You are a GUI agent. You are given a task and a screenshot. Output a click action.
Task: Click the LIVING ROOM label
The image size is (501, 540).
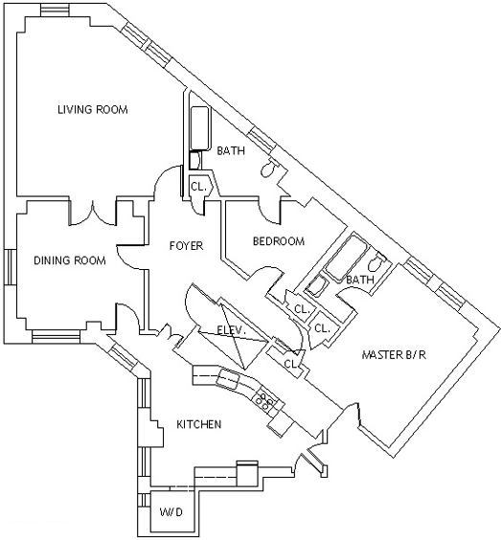tap(93, 109)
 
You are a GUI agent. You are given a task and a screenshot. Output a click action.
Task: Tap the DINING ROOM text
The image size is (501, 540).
tap(70, 260)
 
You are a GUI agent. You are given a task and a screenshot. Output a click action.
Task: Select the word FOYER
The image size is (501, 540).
tap(187, 246)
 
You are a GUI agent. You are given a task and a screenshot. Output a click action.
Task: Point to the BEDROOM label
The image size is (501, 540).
tap(279, 241)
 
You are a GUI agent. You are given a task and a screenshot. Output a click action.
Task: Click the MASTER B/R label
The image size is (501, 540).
tap(394, 354)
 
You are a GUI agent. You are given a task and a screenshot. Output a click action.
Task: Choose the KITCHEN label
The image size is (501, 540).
tap(199, 424)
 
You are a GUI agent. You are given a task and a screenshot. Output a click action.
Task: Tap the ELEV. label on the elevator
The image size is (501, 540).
tap(232, 330)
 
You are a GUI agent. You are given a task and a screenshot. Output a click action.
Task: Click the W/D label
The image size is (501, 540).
tap(171, 512)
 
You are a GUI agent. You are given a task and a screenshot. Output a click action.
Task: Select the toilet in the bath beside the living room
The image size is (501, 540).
tap(269, 168)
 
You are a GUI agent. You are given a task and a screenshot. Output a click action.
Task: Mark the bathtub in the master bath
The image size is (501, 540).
tap(345, 258)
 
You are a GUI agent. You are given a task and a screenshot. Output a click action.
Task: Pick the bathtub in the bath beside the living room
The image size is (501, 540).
tap(200, 128)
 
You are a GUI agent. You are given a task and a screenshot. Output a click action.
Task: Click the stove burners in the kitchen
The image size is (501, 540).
tap(264, 400)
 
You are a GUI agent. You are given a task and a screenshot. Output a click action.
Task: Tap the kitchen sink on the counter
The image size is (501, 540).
tap(228, 379)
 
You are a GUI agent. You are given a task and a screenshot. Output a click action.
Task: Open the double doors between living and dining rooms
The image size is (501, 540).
tap(92, 214)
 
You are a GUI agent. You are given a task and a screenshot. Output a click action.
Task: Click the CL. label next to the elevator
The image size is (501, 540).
tap(291, 364)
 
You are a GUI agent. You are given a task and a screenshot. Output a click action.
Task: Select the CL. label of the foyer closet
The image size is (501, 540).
tap(198, 187)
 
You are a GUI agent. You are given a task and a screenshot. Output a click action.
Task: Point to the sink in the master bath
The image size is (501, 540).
tap(317, 286)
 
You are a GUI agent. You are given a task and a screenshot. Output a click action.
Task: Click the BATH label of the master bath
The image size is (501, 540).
tap(360, 280)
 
